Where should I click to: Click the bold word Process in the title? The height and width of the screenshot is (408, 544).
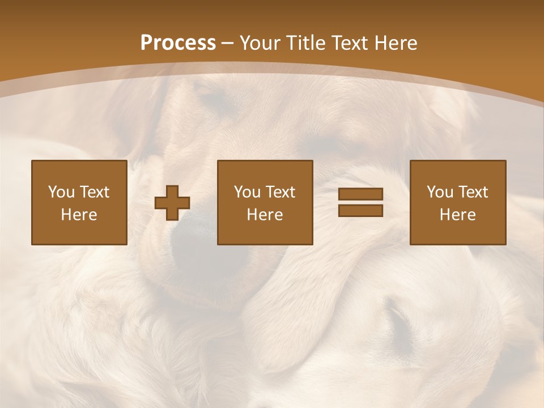178,42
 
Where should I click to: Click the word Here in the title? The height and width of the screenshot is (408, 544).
396,42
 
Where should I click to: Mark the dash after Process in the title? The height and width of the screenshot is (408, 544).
228,44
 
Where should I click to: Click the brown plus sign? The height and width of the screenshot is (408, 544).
172,203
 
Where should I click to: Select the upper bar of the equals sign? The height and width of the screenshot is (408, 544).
360,194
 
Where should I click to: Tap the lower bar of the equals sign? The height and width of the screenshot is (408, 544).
360,210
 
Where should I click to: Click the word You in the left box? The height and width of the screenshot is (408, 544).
61,192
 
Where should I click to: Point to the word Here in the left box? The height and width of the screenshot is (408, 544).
79,214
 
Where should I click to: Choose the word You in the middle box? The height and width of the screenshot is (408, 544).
247,192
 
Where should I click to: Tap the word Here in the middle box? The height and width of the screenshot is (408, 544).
265,214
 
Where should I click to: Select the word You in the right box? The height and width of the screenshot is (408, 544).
440,192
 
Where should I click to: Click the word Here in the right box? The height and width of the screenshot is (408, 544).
457,214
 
